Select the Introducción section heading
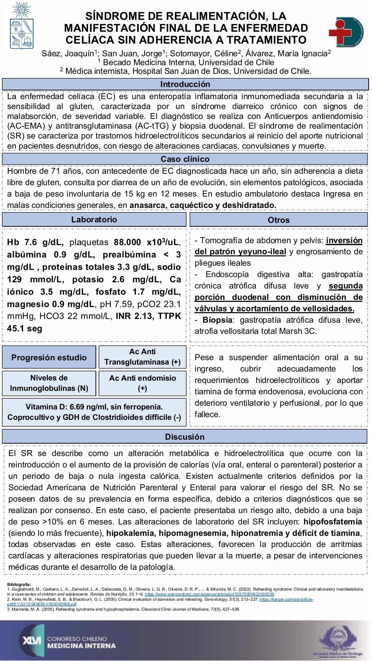click(185, 84)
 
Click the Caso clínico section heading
click(185, 159)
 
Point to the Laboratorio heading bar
click(94, 220)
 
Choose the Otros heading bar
click(279, 220)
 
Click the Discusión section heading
click(185, 437)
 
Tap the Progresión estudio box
click(49, 357)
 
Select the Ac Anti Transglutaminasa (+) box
click(143, 357)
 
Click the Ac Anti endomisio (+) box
click(143, 383)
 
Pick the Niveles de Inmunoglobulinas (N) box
click(49, 383)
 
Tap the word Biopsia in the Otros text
click(217, 320)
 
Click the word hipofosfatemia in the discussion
click(333, 522)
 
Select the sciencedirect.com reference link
click(209, 594)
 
